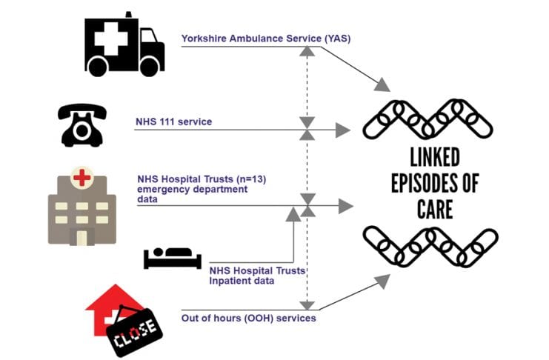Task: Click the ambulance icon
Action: (x=123, y=45)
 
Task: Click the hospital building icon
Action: (x=81, y=207)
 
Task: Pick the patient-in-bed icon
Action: (x=172, y=258)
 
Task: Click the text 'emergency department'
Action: (x=193, y=189)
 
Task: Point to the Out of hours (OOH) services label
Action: (x=248, y=319)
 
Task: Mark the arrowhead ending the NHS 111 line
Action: (x=342, y=131)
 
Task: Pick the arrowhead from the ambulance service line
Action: (x=382, y=85)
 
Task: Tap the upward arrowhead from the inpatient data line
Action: (x=293, y=214)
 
